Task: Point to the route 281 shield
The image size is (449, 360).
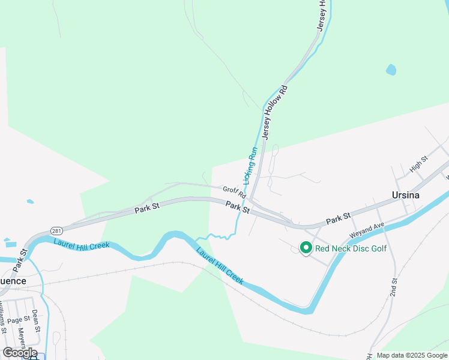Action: (x=56, y=231)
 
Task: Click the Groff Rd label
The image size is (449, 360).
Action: (x=234, y=191)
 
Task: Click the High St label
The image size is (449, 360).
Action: (x=418, y=164)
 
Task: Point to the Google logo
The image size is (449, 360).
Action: (x=20, y=352)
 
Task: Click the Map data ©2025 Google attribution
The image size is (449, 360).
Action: (x=412, y=355)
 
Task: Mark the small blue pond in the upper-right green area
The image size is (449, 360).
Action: (x=391, y=70)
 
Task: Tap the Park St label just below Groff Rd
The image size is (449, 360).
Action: (x=237, y=207)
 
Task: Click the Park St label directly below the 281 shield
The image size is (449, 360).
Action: (x=23, y=259)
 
